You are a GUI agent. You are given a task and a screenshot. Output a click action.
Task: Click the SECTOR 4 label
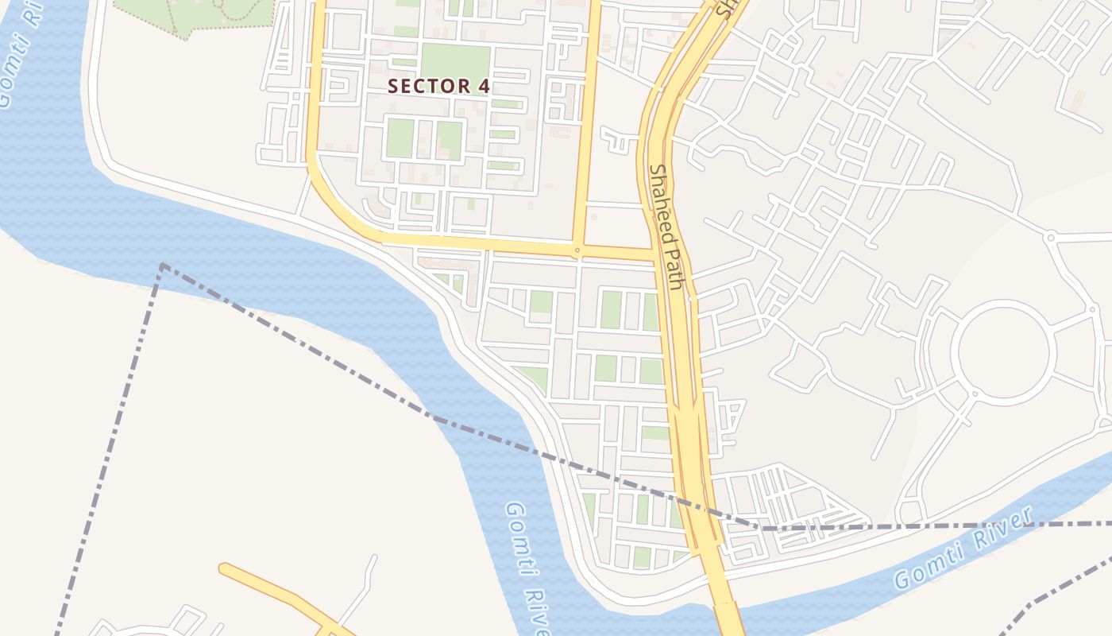pyautogui.click(x=438, y=86)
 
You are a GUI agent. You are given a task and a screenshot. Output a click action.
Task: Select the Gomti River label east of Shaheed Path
pyautogui.click(x=963, y=549)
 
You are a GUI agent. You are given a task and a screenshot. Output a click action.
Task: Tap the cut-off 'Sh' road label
pyautogui.click(x=723, y=8)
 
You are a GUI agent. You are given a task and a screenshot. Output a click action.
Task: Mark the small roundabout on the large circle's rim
pyautogui.click(x=974, y=394)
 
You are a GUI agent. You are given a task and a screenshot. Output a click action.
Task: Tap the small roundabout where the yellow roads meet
pyautogui.click(x=577, y=251)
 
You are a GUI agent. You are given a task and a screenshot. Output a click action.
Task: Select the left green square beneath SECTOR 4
pyautogui.click(x=400, y=138)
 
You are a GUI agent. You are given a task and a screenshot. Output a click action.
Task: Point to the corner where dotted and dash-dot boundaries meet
pyautogui.click(x=163, y=266)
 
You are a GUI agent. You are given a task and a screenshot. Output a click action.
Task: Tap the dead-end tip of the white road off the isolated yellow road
pyautogui.click(x=373, y=558)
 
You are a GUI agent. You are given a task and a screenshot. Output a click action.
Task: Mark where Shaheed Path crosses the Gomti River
pyautogui.click(x=724, y=607)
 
